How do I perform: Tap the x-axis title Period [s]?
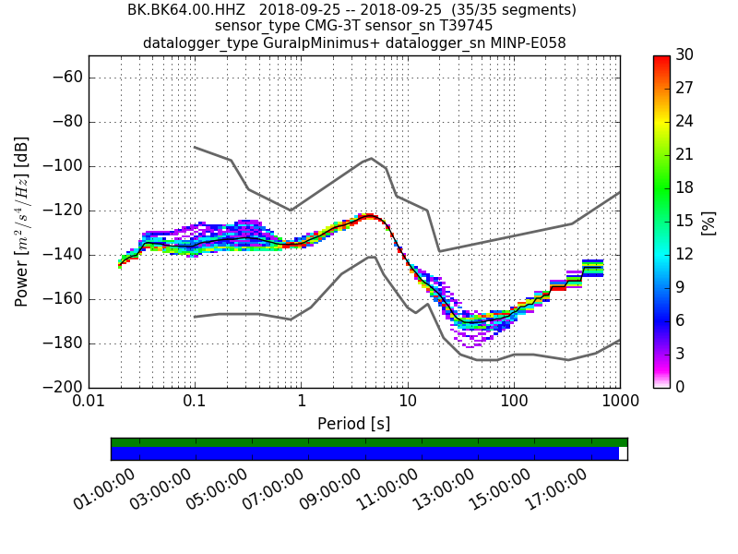coord(353,424)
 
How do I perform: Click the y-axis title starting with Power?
coord(22,222)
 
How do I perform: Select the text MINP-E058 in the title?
coord(527,42)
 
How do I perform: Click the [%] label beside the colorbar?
coord(708,222)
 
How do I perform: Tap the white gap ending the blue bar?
coord(623,453)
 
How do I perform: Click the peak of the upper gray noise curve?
coord(371,158)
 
